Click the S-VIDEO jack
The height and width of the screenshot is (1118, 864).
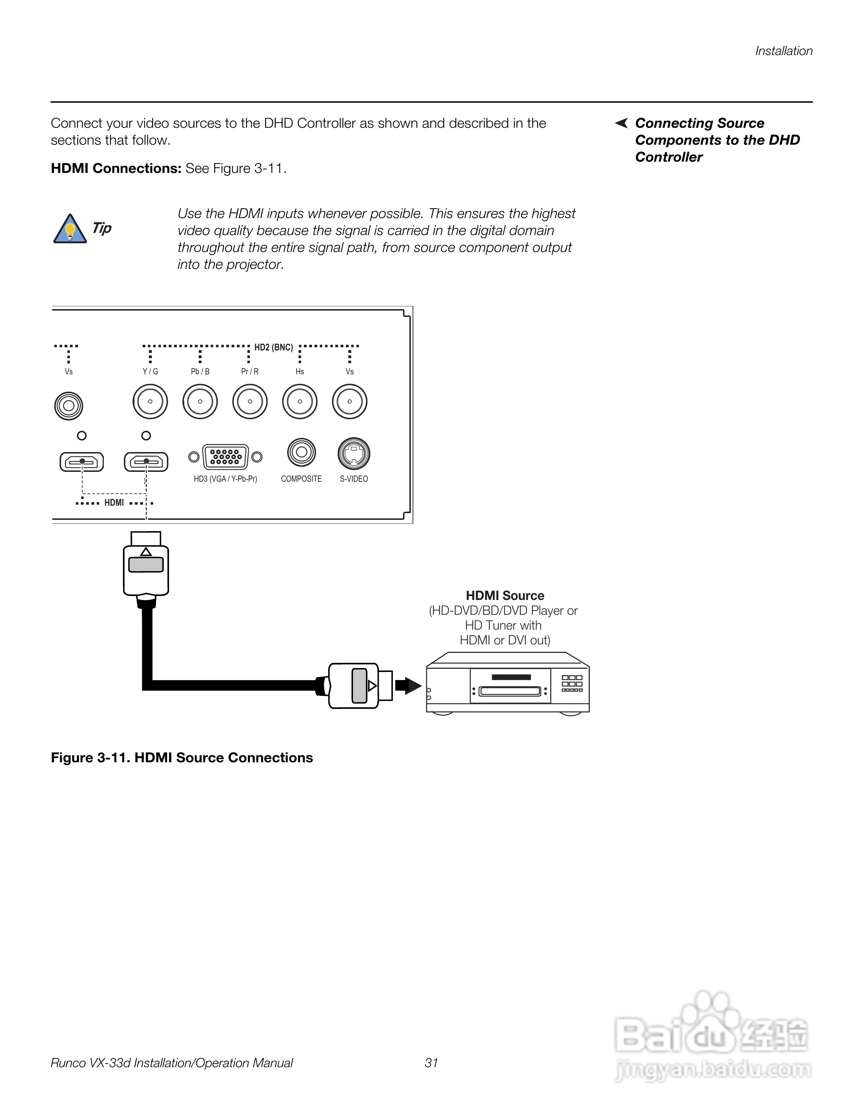(354, 453)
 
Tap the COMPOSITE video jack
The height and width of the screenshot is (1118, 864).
(301, 452)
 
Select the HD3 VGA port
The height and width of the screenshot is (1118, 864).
(225, 457)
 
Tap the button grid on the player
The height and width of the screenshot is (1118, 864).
(572, 683)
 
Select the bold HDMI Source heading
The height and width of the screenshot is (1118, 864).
(505, 595)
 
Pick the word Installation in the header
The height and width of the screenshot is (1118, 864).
(784, 51)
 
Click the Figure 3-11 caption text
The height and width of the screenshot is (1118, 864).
(182, 758)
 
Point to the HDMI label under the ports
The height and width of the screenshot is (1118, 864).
(114, 503)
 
